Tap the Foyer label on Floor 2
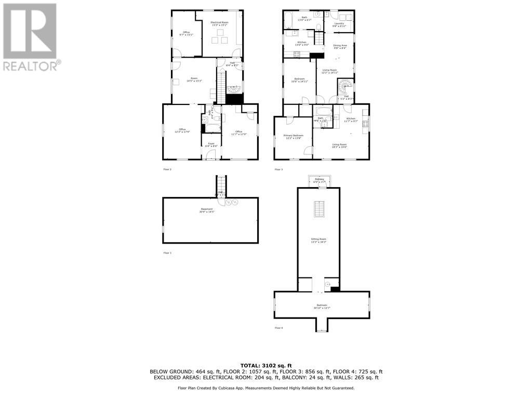[x=211, y=144]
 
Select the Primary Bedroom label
[x=293, y=136]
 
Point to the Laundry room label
[x=339, y=24]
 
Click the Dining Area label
[x=340, y=46]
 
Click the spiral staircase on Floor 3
[x=345, y=85]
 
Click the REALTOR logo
[x=30, y=36]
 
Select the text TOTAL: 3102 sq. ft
[x=266, y=365]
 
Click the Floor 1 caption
[x=167, y=252]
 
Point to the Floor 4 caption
[x=278, y=328]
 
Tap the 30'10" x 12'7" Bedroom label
[x=322, y=307]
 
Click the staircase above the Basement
[x=222, y=184]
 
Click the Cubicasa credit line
[x=266, y=388]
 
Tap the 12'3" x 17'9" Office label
[x=182, y=130]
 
